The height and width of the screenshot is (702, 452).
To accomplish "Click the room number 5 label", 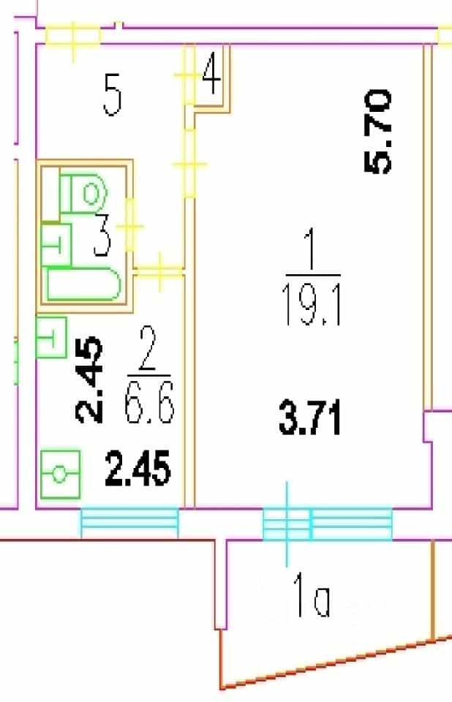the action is [x=113, y=95].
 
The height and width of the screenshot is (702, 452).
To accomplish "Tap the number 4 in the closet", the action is [x=211, y=74].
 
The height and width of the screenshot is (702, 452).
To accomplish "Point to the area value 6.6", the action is [x=149, y=401].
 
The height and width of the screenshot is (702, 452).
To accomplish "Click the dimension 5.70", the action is [x=377, y=131].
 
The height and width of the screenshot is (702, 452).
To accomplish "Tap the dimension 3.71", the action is [x=309, y=418].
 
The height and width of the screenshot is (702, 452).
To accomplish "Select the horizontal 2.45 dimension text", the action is [x=138, y=468].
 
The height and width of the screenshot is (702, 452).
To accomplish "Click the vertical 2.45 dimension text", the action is [x=89, y=380].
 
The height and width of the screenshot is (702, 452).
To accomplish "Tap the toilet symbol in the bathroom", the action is [x=84, y=194].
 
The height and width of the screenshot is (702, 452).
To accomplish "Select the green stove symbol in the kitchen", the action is [x=61, y=475].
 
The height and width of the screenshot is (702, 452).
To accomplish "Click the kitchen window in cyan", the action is [x=129, y=522].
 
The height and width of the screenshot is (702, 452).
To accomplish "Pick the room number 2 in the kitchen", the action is [x=148, y=350].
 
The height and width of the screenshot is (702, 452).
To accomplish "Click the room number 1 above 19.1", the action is [x=312, y=251].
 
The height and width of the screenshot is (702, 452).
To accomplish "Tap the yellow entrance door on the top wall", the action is [x=73, y=37].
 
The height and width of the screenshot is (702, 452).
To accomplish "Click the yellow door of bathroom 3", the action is [x=130, y=226].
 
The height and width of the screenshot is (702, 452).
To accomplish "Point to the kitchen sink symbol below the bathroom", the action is [x=50, y=338].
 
